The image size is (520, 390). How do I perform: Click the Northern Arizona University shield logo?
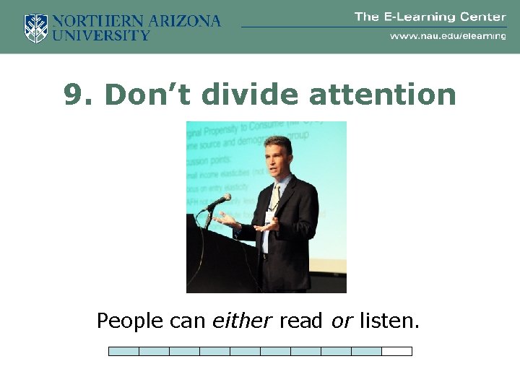(35, 28)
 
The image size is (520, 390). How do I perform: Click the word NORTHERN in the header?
(95, 21)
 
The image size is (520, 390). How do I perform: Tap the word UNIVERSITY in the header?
(101, 35)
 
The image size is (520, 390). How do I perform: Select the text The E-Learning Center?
(430, 17)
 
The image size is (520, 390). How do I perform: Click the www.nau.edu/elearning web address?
(448, 35)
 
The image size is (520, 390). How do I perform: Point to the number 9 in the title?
(72, 95)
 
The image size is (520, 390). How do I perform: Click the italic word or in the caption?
(341, 320)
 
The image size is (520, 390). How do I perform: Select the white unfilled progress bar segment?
(396, 352)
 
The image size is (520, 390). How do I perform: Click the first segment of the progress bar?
(123, 352)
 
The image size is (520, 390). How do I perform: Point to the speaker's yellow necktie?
(274, 198)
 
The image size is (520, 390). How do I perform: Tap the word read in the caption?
(300, 320)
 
